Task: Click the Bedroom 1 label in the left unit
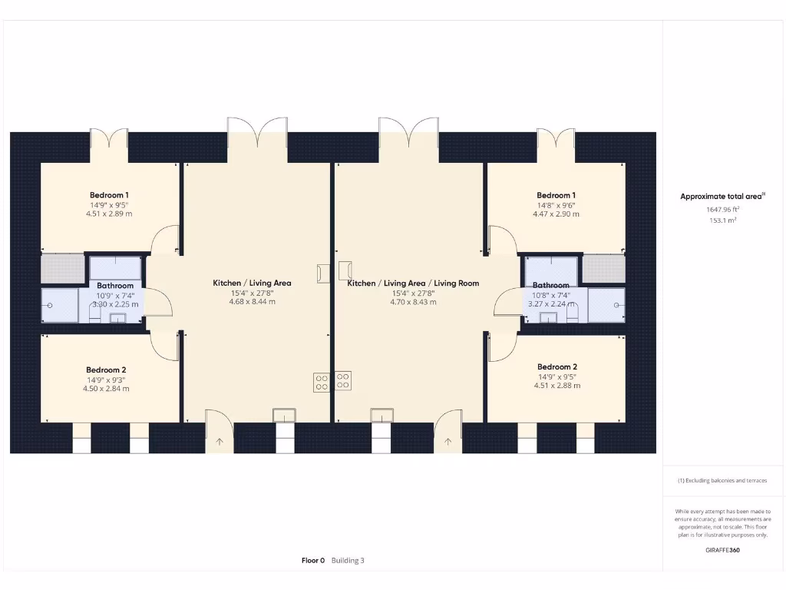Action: pyautogui.click(x=109, y=195)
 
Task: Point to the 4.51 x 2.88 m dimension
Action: pyautogui.click(x=557, y=386)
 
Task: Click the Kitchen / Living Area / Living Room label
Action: pyautogui.click(x=413, y=283)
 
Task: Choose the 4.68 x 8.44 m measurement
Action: pyautogui.click(x=252, y=302)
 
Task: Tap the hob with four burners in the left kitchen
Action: pyautogui.click(x=322, y=382)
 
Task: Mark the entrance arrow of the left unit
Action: pyautogui.click(x=220, y=441)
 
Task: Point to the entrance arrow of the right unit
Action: pyautogui.click(x=448, y=441)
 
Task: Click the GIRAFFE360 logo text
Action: pyautogui.click(x=722, y=550)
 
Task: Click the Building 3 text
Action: pyautogui.click(x=348, y=561)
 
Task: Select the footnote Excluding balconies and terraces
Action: pyautogui.click(x=722, y=481)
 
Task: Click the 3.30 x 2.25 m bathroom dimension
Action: pyautogui.click(x=115, y=304)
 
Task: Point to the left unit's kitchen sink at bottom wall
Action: pyautogui.click(x=283, y=416)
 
